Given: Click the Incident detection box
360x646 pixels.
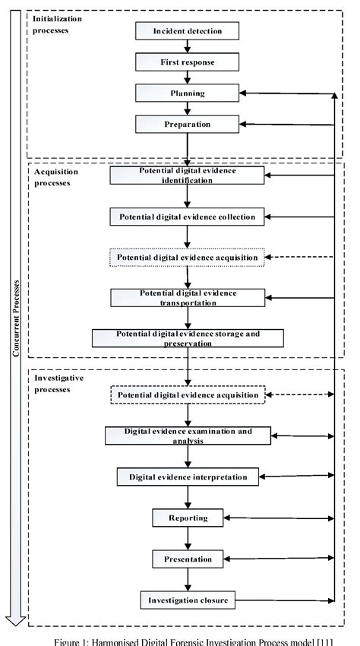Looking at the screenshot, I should [x=187, y=31].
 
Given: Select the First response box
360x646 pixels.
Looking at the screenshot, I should [x=187, y=62].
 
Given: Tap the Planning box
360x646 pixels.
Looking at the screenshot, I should [x=187, y=93].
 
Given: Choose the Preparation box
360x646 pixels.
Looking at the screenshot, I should [x=187, y=123].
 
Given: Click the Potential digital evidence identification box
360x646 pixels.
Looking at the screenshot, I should [x=187, y=176].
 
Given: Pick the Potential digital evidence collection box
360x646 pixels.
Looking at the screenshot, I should [x=187, y=217].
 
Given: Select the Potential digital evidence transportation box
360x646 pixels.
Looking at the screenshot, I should [x=187, y=297].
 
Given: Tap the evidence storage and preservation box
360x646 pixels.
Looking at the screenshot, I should [x=187, y=338].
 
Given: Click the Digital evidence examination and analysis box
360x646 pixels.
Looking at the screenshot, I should [x=187, y=435].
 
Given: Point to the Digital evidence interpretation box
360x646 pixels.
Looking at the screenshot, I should [x=187, y=477].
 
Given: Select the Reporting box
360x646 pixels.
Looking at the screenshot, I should [x=187, y=518].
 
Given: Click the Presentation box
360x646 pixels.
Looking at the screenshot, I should [x=187, y=559].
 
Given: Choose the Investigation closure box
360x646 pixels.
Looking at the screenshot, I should [x=187, y=600].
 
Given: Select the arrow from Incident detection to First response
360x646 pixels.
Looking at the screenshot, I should [x=187, y=46].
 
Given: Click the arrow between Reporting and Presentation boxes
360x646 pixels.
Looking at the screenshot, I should [x=187, y=539].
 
